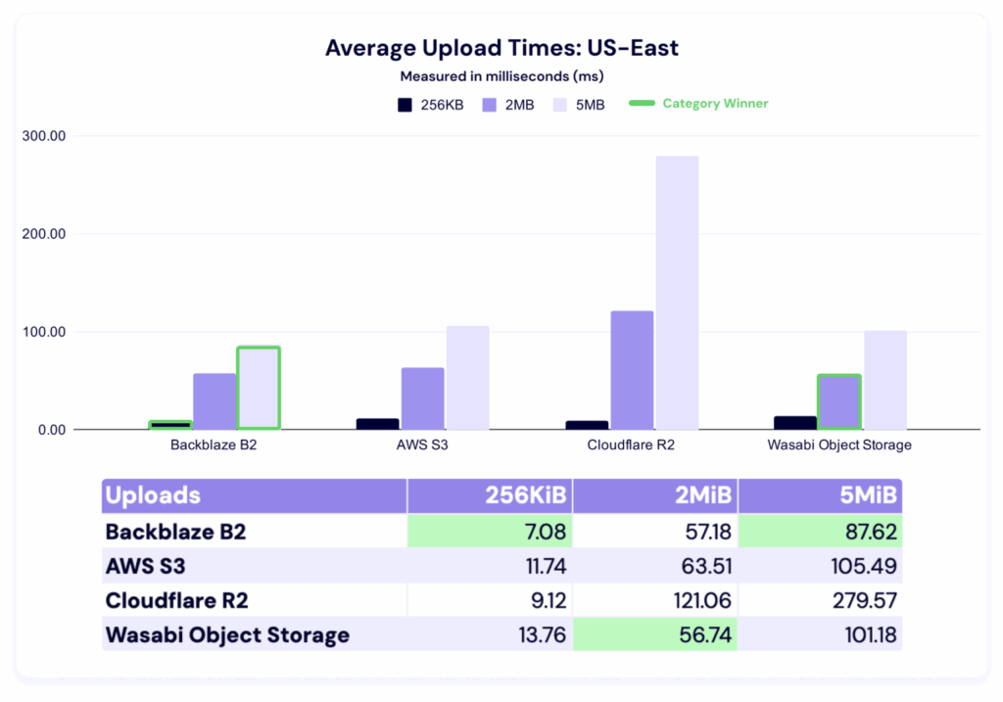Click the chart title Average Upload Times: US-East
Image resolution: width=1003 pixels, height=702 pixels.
(x=501, y=48)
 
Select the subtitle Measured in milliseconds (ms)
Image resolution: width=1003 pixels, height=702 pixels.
(x=501, y=75)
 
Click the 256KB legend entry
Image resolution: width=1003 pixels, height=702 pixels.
(x=431, y=105)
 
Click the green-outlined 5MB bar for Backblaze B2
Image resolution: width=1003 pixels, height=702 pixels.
(x=259, y=388)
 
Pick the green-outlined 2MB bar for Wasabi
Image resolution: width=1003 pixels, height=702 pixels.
(x=839, y=401)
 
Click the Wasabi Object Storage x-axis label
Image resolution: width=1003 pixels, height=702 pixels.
(x=839, y=445)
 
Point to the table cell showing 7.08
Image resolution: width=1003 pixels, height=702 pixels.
(x=540, y=533)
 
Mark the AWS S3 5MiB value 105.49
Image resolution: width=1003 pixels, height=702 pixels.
(x=866, y=566)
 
